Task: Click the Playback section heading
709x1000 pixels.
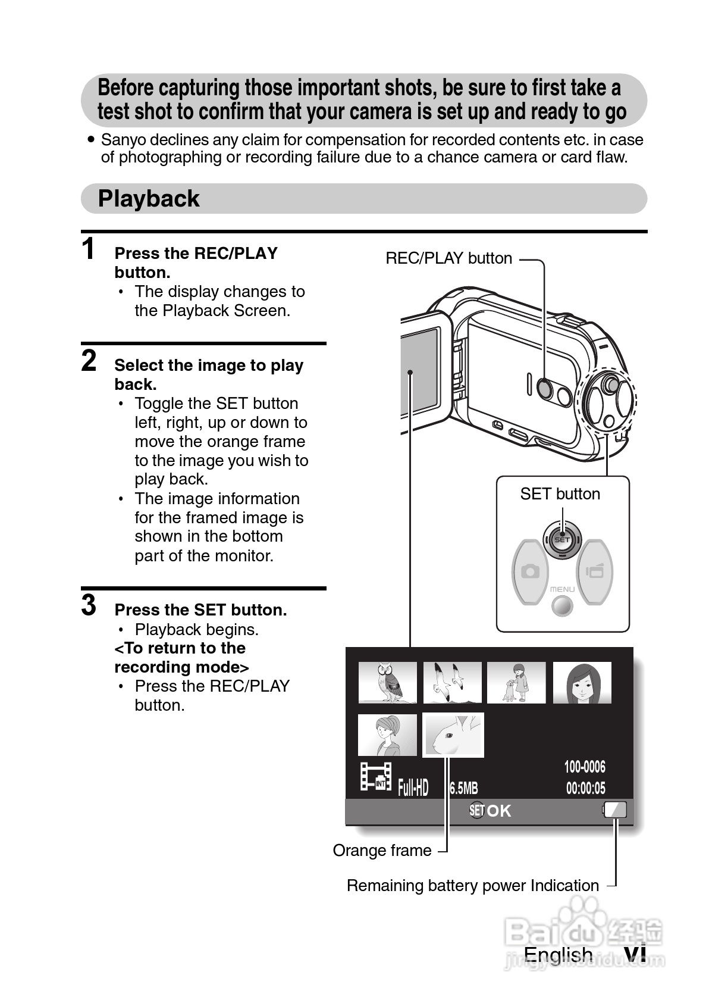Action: [x=149, y=199]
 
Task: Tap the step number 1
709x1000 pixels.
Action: [x=89, y=249]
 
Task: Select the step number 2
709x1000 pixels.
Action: [x=89, y=361]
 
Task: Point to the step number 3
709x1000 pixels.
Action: [x=89, y=605]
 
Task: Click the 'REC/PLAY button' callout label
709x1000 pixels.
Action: [x=448, y=258]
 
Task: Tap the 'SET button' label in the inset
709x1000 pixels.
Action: [x=560, y=494]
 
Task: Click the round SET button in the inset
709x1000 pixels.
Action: [x=561, y=540]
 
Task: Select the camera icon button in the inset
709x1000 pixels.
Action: [x=529, y=572]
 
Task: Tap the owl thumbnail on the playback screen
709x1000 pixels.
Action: [x=387, y=683]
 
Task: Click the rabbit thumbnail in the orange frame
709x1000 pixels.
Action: [x=453, y=735]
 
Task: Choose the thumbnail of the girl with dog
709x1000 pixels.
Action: [x=516, y=683]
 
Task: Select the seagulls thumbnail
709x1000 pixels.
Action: [x=452, y=683]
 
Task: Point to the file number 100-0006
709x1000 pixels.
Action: [x=585, y=767]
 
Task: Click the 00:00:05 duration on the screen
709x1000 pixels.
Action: [x=585, y=789]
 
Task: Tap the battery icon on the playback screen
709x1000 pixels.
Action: [x=615, y=810]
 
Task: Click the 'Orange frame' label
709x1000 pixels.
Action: [x=382, y=851]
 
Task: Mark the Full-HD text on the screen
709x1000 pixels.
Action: [x=413, y=788]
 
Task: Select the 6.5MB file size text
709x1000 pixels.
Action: [x=463, y=789]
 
